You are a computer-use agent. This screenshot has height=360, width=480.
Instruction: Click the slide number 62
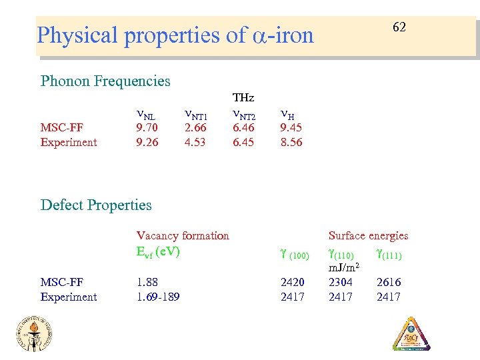coord(399,27)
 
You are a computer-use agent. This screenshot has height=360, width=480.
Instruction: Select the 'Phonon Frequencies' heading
coord(105,81)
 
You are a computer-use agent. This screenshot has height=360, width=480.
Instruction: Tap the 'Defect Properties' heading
coord(96,205)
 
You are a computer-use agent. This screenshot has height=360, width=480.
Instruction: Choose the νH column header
coord(288,113)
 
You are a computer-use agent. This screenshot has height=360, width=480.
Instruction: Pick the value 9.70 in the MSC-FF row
coord(147,127)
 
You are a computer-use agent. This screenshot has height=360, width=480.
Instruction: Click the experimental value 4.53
coord(195,142)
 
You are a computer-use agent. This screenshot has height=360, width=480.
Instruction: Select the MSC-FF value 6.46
coord(243,127)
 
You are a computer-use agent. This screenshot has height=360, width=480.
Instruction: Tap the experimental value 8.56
coord(291,142)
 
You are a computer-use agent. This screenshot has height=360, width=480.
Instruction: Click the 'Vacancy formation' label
coord(183,235)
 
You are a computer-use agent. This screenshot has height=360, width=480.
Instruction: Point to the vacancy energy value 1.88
coord(147,282)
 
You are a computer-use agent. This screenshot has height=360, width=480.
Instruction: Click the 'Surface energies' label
coord(368,235)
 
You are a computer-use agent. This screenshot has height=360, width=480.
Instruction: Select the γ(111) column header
coord(389,254)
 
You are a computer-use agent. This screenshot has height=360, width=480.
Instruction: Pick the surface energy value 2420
coord(293,282)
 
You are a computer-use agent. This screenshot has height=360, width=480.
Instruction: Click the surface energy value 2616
coord(389,282)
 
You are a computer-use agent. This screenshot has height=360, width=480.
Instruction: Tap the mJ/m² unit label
coord(345,267)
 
